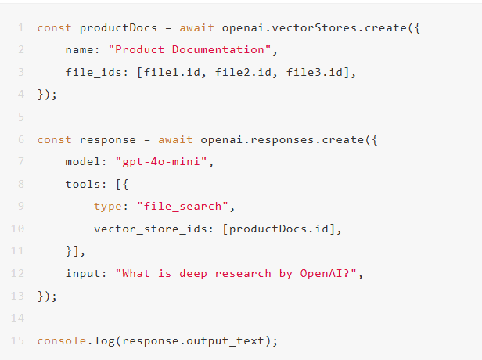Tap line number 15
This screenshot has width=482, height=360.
click(x=18, y=341)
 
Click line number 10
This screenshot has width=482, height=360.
click(x=18, y=229)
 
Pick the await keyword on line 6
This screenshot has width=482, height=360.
click(x=176, y=139)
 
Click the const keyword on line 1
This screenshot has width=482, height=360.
click(x=55, y=27)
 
